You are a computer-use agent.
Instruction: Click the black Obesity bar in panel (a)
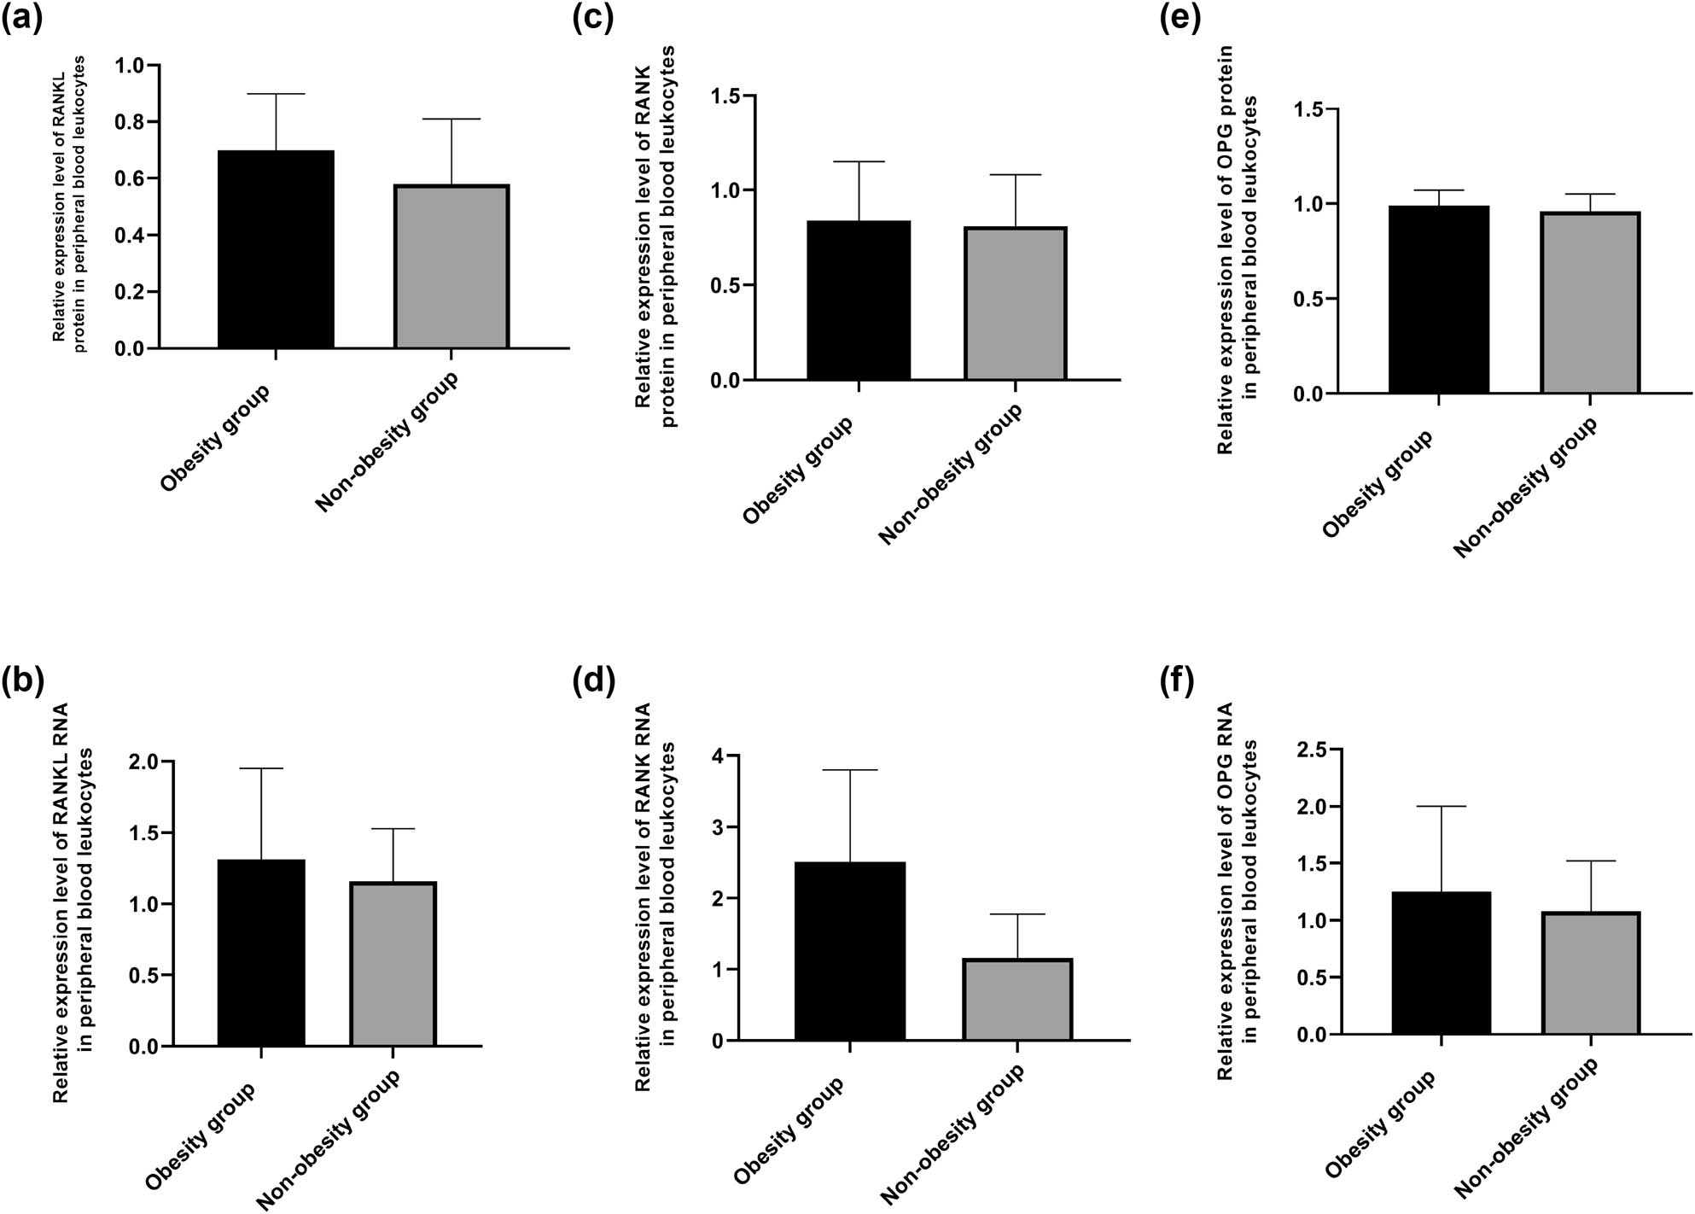point(276,249)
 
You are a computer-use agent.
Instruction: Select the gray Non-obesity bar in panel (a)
point(451,266)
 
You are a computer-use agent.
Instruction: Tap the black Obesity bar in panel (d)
point(849,950)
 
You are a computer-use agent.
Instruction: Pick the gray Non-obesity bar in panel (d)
point(1017,999)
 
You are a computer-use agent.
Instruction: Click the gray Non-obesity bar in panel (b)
point(393,964)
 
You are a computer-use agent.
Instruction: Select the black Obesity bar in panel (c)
point(858,300)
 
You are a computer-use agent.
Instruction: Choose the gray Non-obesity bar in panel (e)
point(1590,302)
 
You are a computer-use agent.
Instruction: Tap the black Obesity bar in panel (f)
point(1441,962)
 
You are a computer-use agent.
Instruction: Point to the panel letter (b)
point(23,682)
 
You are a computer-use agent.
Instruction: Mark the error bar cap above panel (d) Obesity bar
point(849,770)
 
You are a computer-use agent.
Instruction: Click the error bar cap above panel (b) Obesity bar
point(261,768)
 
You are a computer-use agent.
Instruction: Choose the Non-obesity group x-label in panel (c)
point(950,475)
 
